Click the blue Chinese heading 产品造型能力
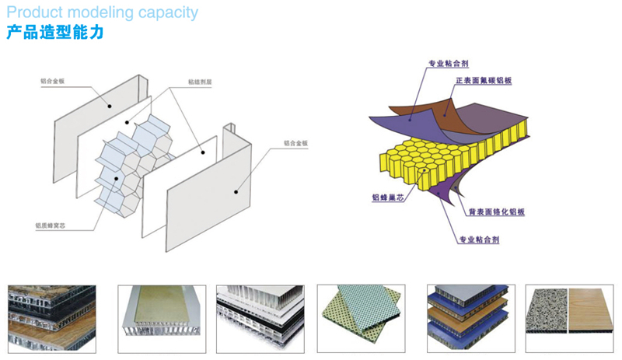click(x=54, y=33)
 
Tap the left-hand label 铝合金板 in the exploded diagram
click(x=53, y=79)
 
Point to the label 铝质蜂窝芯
click(x=51, y=225)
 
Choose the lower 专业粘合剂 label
click(x=479, y=239)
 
